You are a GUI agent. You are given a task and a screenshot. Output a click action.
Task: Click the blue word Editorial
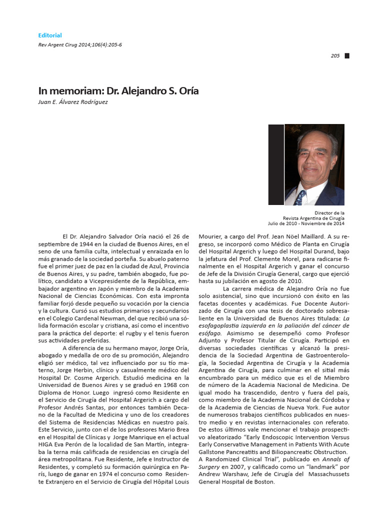(x=50, y=35)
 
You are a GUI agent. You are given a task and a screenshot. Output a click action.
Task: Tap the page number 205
(x=335, y=56)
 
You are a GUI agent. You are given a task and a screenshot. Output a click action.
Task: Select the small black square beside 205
(x=347, y=56)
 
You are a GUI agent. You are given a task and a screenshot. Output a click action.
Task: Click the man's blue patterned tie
(x=300, y=197)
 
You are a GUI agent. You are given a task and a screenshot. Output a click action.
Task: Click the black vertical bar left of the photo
(x=275, y=164)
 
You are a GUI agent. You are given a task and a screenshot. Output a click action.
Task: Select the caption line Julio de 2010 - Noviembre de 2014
(x=306, y=223)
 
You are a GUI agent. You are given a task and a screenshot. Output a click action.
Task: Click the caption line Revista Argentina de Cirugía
(x=313, y=218)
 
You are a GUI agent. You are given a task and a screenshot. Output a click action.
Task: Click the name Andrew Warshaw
(x=220, y=473)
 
